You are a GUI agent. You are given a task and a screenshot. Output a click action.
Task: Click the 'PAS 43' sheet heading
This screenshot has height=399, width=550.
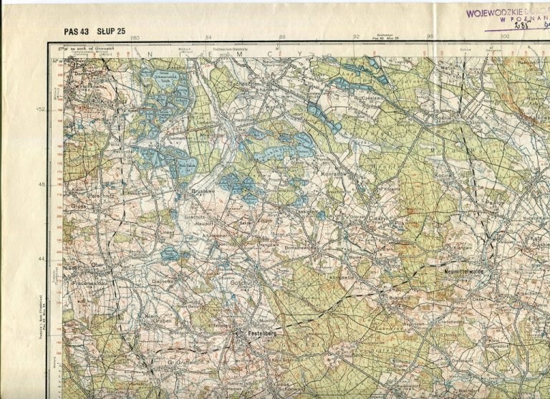(77, 31)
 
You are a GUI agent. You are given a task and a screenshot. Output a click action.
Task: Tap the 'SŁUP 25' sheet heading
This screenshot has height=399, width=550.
(111, 31)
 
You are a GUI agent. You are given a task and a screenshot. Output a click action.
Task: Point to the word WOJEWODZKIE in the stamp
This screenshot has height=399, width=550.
(495, 12)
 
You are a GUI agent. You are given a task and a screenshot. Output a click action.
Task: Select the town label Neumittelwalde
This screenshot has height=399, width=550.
(462, 272)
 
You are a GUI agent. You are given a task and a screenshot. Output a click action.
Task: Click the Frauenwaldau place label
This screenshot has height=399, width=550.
(89, 282)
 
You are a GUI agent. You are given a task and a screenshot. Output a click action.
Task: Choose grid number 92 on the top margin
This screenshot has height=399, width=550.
(356, 37)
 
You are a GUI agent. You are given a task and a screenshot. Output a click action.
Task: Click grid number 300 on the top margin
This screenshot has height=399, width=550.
(504, 37)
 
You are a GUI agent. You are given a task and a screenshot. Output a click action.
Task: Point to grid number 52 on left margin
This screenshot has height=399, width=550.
(42, 110)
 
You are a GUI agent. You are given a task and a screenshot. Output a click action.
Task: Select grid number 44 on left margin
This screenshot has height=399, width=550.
(42, 259)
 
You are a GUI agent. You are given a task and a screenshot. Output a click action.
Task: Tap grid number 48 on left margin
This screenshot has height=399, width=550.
(42, 184)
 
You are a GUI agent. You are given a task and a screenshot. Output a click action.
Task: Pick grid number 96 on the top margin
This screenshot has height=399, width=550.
(430, 37)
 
